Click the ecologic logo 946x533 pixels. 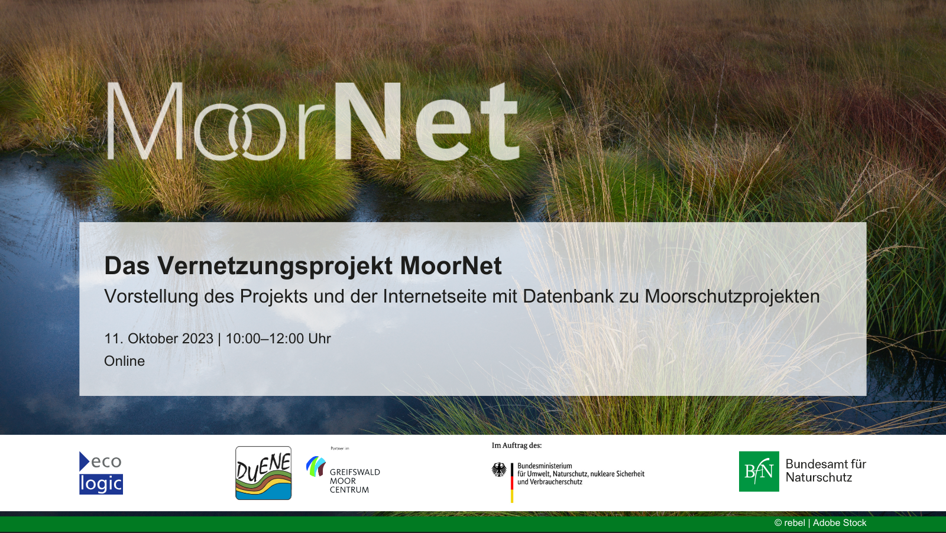tap(101, 473)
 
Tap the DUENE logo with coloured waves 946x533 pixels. tap(264, 473)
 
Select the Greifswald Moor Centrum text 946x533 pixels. tap(355, 480)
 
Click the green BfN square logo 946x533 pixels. tap(759, 472)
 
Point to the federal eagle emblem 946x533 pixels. tap(499, 470)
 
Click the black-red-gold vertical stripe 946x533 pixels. tap(512, 483)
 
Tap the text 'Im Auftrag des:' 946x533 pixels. tap(517, 445)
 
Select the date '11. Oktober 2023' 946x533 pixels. tap(159, 339)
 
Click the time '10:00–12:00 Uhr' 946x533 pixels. tap(278, 339)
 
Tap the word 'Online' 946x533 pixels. tap(125, 361)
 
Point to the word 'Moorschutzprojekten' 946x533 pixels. tap(732, 297)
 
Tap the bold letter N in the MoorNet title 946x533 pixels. tap(367, 121)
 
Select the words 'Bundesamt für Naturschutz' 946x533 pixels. tap(825, 470)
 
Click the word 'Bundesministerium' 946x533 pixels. tap(545, 466)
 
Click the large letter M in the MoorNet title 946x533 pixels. tap(145, 121)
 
